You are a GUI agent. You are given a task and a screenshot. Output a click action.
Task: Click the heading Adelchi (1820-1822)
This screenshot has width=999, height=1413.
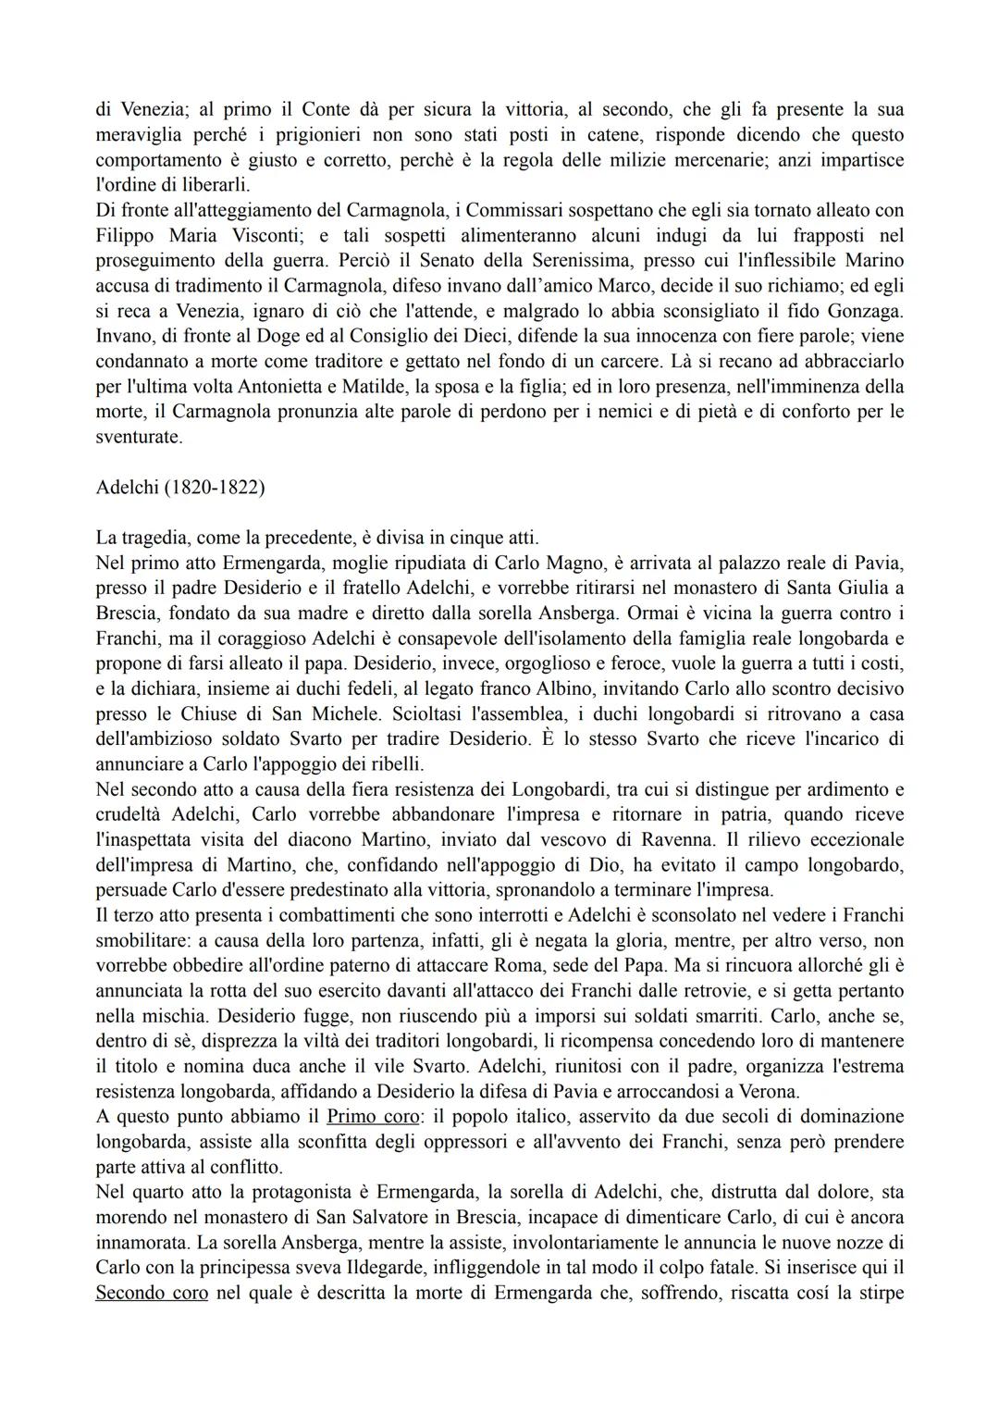(179, 487)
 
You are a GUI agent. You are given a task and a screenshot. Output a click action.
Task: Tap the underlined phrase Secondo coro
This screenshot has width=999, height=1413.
(152, 1292)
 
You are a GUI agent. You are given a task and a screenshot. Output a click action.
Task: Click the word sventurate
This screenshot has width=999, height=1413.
(139, 437)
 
